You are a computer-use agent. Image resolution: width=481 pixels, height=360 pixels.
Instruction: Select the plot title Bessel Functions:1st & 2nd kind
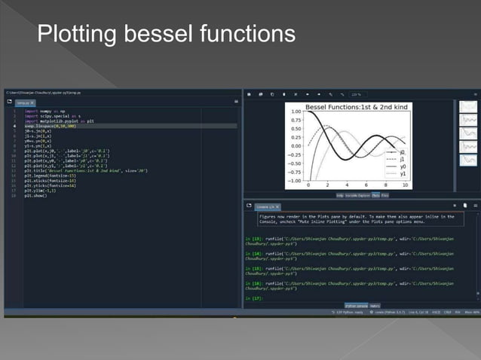pos(356,106)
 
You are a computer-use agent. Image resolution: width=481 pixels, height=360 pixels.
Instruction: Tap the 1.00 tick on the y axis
pos(295,111)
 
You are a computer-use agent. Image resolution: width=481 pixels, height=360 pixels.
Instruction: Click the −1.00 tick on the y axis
pos(293,181)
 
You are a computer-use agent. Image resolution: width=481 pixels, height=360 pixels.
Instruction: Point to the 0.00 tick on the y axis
pos(295,146)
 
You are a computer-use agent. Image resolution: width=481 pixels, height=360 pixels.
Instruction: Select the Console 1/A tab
pos(265,206)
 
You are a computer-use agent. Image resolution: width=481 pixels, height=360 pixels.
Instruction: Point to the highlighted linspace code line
pos(45,126)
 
